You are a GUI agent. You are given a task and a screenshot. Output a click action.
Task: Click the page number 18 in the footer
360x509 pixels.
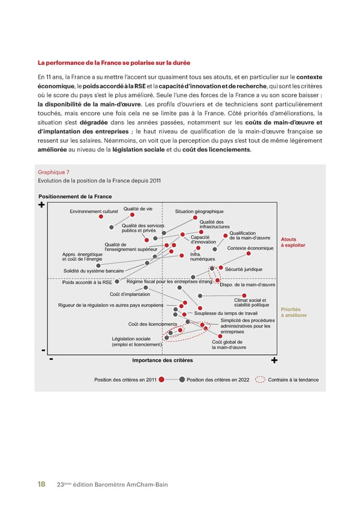[41, 484]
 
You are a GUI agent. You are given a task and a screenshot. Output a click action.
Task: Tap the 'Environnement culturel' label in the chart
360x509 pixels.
[94, 211]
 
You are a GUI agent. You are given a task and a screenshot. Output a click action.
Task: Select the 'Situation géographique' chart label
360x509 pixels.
[199, 211]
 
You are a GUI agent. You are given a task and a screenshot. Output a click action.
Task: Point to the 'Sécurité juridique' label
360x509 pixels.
[244, 269]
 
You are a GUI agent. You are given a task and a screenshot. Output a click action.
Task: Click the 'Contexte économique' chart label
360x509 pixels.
[250, 248]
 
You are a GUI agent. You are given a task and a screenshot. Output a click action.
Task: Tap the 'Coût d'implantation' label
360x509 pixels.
[130, 294]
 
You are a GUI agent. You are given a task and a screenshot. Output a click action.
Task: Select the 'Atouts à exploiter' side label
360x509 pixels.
[293, 242]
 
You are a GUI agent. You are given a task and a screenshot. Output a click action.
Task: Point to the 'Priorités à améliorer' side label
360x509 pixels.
[294, 313]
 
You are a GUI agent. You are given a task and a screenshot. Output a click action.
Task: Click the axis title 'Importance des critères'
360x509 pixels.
[163, 360]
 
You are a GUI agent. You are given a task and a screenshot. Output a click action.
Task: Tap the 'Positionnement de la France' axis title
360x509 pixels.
[75, 197]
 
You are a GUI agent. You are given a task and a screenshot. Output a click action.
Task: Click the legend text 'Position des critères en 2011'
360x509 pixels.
[125, 380]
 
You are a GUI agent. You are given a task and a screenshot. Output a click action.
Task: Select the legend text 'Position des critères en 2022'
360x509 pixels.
[218, 380]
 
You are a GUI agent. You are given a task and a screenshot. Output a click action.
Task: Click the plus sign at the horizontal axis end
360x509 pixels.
[274, 361]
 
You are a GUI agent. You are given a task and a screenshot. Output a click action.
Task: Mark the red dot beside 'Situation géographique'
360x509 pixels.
[195, 218]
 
